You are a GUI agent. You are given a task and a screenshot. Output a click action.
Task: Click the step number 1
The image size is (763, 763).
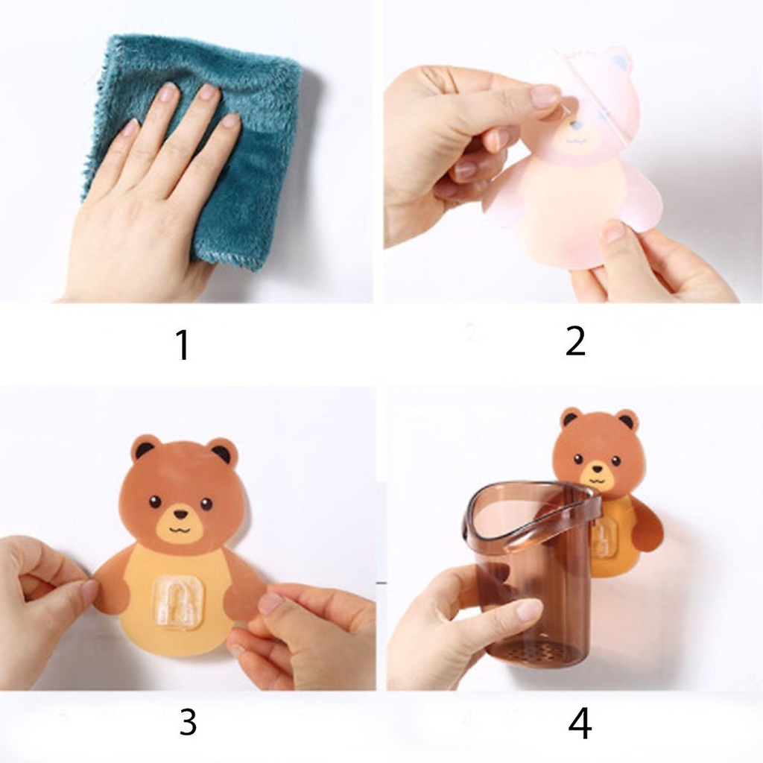182,345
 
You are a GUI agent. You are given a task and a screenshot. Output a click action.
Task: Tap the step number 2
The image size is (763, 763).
575,341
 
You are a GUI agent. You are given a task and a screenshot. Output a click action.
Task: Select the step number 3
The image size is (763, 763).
188,722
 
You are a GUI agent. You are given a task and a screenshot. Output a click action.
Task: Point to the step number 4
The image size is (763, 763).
580,723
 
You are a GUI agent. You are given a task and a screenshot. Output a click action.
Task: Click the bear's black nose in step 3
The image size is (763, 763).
180,513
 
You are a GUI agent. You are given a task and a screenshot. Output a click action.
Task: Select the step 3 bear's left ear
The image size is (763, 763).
145,449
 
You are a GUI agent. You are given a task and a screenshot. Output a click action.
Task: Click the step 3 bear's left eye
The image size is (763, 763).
155,501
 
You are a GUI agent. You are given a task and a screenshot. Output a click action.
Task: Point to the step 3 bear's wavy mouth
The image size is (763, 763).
180,530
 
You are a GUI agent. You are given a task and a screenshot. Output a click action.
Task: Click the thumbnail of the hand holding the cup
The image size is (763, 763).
529,610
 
